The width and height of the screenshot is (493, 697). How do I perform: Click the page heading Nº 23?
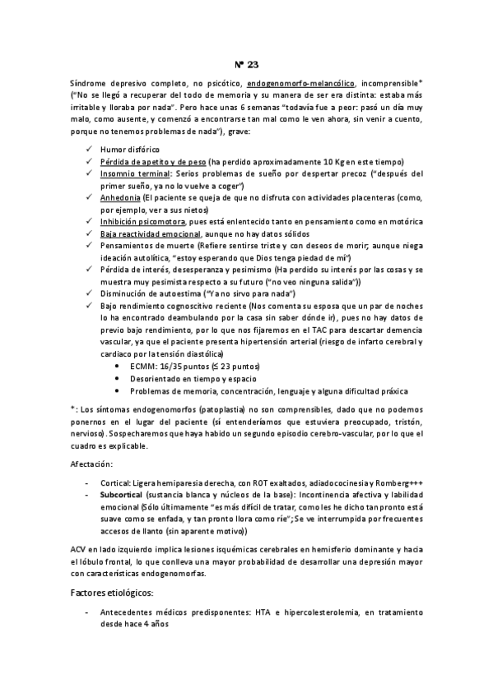pos(246,65)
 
